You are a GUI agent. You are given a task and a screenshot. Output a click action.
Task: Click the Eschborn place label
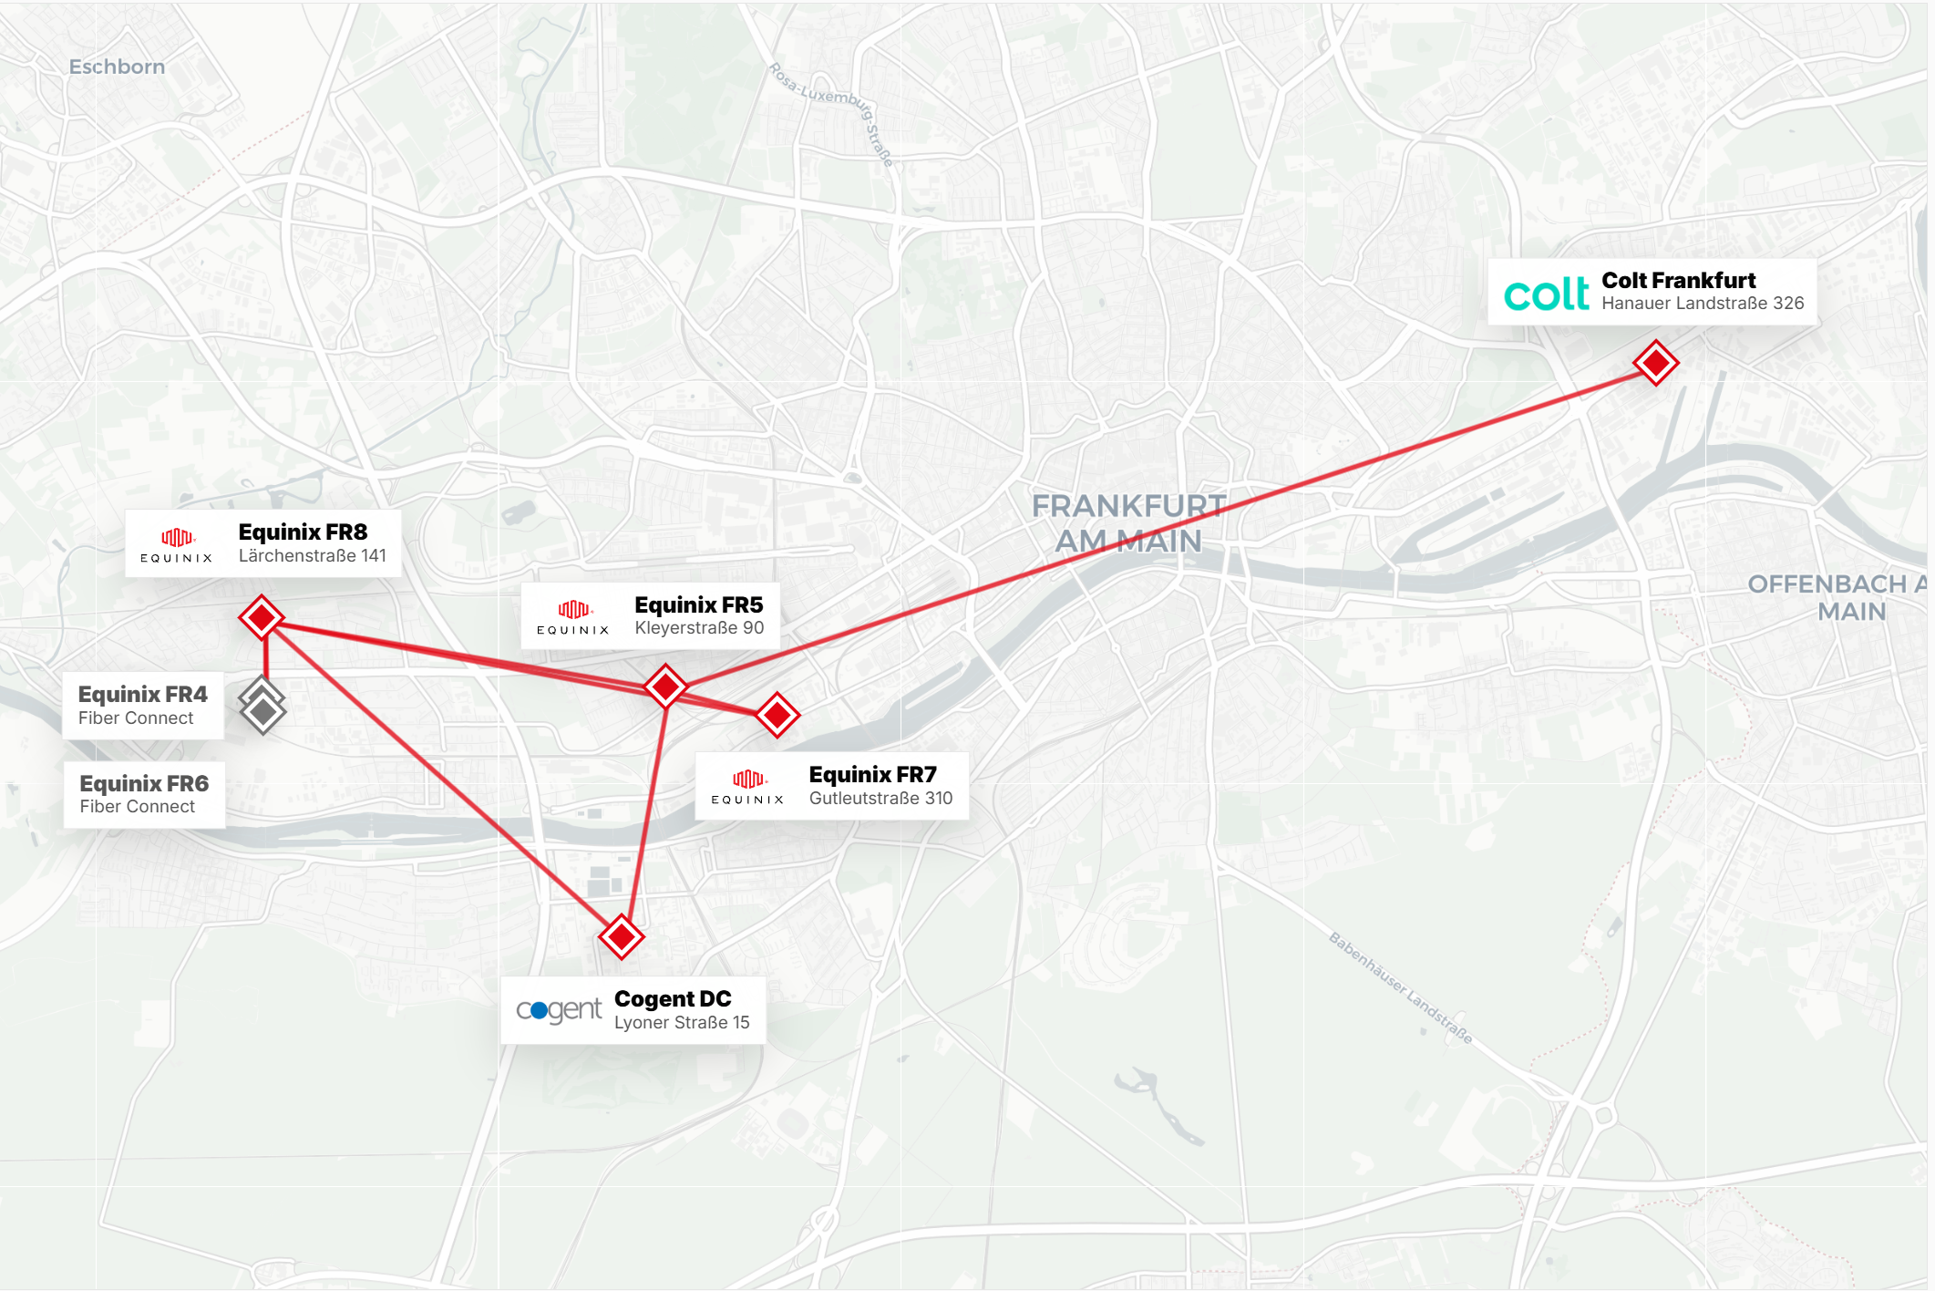117,67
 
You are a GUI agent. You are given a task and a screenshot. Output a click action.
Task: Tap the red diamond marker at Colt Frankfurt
1655,363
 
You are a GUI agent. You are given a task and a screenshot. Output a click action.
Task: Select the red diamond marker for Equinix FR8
262,618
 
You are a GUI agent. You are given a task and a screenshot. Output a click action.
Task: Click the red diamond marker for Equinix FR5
665,686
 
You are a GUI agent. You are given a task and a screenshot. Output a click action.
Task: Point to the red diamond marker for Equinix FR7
777,715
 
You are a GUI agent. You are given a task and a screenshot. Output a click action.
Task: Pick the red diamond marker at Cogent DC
622,936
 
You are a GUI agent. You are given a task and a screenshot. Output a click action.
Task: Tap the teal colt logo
1546,294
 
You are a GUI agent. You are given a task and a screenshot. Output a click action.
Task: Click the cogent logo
559,1010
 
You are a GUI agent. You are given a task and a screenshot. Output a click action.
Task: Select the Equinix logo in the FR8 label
177,544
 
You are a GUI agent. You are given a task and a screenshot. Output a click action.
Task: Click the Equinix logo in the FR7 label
747,786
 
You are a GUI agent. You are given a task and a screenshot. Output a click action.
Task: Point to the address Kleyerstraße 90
699,628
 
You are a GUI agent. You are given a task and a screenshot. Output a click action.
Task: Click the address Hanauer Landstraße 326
1703,304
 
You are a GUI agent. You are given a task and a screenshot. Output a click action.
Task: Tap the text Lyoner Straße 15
682,1023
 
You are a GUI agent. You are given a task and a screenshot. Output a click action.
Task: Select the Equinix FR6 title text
144,783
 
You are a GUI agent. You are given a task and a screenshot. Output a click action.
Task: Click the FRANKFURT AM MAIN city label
1128,523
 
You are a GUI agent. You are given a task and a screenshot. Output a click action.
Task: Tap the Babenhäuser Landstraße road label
1399,987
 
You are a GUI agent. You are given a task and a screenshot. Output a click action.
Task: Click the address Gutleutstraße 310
880,799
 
